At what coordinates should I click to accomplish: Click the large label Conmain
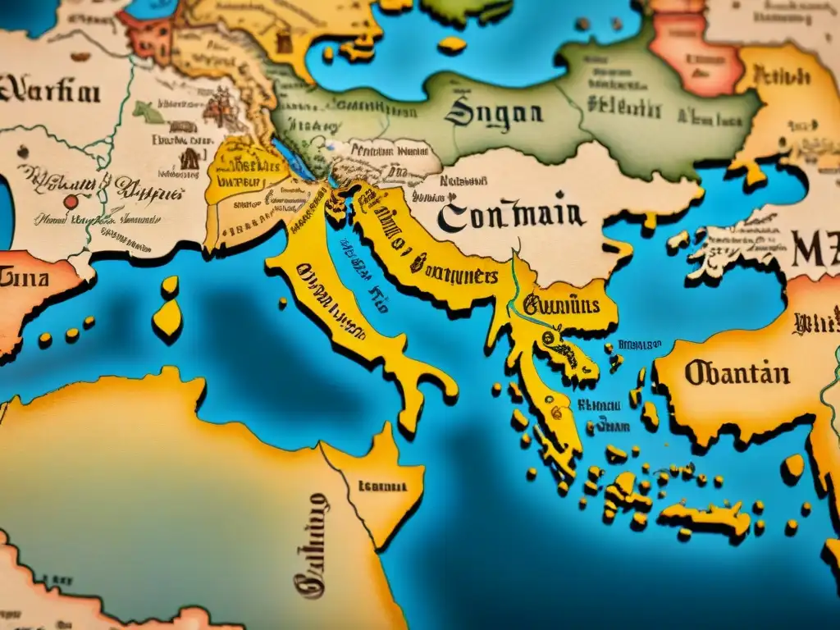tap(511, 215)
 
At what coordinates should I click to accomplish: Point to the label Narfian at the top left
tap(51, 91)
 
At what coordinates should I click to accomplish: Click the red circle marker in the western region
tap(71, 201)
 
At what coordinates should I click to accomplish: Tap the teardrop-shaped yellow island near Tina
tap(167, 320)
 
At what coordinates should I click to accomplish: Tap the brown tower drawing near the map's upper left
tap(189, 157)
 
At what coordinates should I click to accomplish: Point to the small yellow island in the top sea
tap(451, 45)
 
